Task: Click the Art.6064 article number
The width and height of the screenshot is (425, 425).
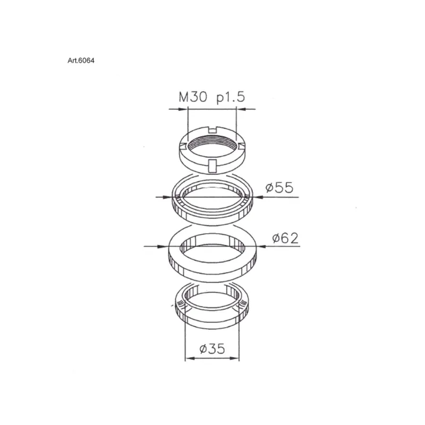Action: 81,61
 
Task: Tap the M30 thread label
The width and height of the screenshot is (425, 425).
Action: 193,97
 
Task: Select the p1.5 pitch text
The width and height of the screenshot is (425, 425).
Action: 231,98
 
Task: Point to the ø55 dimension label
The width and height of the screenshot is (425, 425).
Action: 279,188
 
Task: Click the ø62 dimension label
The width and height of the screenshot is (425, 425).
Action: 285,238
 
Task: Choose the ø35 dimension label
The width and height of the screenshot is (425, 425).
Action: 212,348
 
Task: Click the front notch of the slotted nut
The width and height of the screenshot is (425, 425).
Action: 213,166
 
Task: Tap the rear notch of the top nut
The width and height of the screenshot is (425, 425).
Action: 213,130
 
